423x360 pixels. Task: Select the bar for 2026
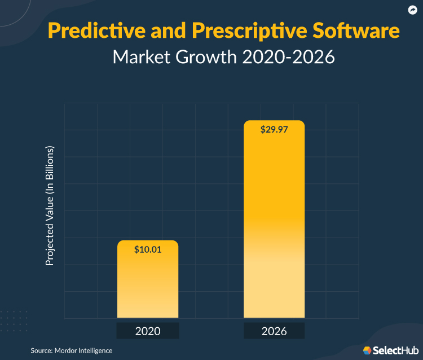274,226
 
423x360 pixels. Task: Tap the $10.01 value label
148,250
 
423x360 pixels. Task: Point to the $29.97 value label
274,129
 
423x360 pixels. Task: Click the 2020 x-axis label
148,331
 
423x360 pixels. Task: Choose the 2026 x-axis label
274,331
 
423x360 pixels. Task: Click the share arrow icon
412,10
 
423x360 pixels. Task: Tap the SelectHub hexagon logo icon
367,350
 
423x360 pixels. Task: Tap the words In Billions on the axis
50,169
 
